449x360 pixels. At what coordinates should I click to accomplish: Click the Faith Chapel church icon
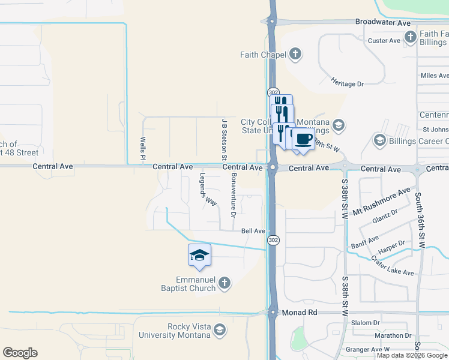(x=295, y=55)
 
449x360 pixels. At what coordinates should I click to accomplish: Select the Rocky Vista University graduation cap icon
(x=220, y=329)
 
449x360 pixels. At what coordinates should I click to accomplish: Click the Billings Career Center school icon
(x=379, y=140)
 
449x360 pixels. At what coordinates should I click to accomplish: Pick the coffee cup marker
(x=303, y=139)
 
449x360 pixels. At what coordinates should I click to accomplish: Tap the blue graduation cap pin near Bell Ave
(x=199, y=256)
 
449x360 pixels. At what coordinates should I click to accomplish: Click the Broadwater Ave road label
(x=382, y=22)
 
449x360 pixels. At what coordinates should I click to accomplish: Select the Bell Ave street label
(x=253, y=231)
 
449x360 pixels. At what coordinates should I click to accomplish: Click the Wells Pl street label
(x=143, y=149)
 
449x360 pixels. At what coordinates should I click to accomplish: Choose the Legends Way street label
(x=208, y=190)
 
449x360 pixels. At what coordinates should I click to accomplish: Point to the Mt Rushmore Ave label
(x=381, y=202)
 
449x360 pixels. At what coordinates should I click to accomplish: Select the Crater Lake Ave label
(x=393, y=266)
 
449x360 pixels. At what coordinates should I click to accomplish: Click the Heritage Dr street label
(x=348, y=81)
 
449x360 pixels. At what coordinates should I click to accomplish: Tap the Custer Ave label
(x=384, y=41)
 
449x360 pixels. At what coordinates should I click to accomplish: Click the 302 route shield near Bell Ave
(x=273, y=240)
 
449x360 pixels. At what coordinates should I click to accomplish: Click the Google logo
(x=20, y=353)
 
